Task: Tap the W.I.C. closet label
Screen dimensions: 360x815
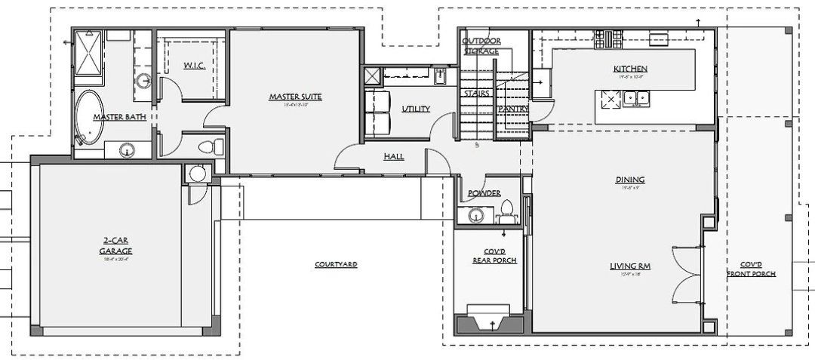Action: point(194,66)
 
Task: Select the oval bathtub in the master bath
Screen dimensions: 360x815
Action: point(89,118)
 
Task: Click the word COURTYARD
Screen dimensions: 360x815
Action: point(336,265)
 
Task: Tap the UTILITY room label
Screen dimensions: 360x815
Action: point(416,109)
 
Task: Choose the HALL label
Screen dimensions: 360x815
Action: point(393,157)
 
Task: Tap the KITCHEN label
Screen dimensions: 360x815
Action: point(630,69)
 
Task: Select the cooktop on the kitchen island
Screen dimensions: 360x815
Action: point(608,99)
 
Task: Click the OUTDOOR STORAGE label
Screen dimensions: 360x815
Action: point(481,45)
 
